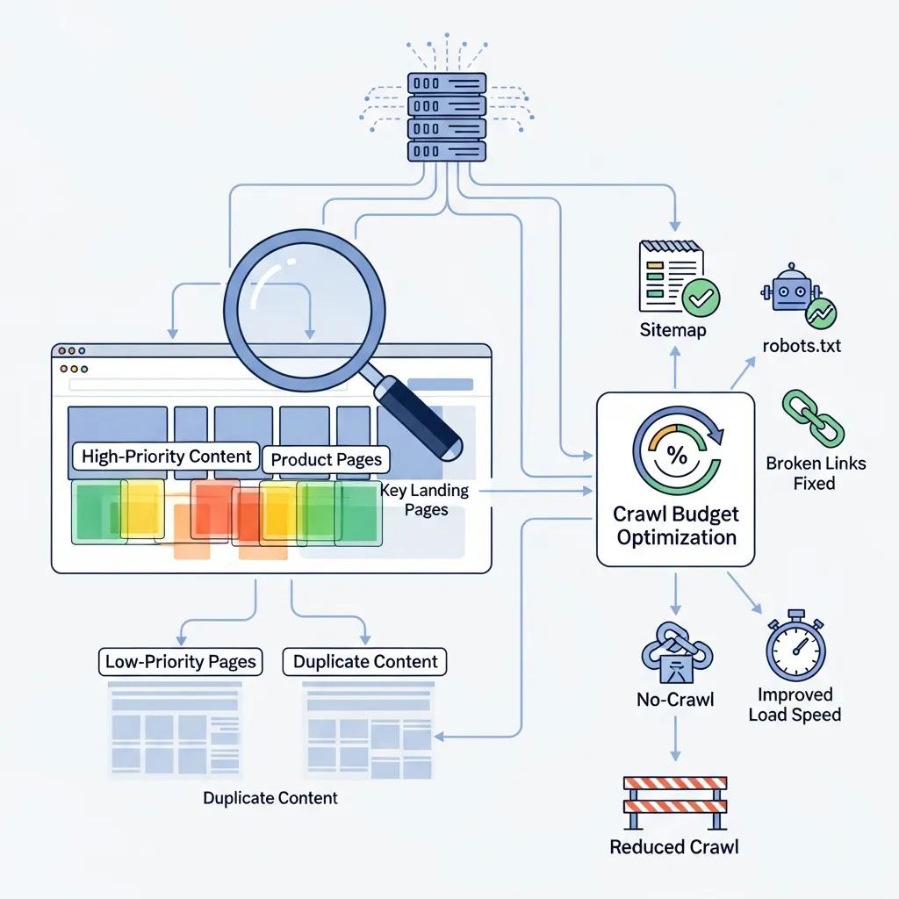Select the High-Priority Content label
[166, 457]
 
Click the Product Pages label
[326, 459]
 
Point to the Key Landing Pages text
[426, 500]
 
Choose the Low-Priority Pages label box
[181, 661]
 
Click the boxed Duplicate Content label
[364, 661]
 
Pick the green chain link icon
[812, 419]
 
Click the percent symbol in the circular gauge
[676, 455]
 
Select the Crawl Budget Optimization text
[676, 525]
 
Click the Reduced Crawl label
[674, 847]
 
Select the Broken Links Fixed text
[815, 472]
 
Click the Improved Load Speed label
[795, 704]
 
